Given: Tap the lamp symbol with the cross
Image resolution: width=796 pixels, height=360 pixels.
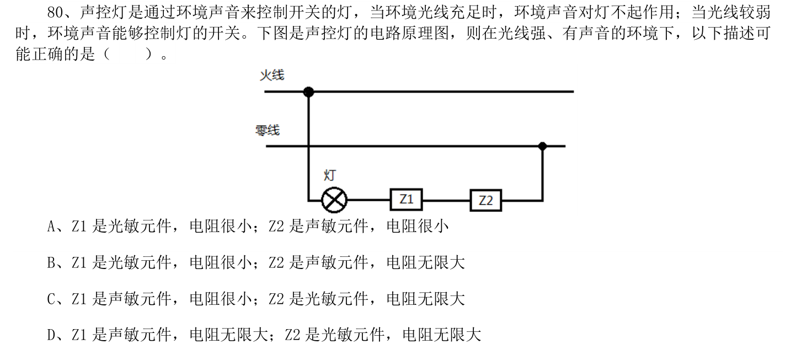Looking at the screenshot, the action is (x=334, y=200).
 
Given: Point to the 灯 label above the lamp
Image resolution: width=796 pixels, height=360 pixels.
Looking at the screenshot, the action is (x=330, y=175).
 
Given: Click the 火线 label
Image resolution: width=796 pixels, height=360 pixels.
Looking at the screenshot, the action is (x=272, y=75).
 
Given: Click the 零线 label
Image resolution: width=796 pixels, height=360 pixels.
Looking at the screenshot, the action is (x=268, y=130).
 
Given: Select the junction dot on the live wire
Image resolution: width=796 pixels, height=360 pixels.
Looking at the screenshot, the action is (x=308, y=92).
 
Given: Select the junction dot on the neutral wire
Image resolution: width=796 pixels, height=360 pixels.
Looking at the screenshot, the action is (x=542, y=146).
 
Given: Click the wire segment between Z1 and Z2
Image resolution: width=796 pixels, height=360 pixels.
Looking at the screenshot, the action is (x=446, y=200).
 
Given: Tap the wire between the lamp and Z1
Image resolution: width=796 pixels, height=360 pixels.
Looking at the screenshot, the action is (x=369, y=200).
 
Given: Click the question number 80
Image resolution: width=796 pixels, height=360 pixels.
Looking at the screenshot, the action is (x=55, y=13).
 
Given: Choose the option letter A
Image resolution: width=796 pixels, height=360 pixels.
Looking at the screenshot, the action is (x=51, y=227).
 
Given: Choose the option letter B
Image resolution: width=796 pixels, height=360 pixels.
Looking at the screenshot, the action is (x=51, y=263).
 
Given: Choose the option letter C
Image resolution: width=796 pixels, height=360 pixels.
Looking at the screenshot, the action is (x=51, y=299).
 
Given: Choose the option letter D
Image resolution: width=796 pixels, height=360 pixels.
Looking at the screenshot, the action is (x=51, y=335).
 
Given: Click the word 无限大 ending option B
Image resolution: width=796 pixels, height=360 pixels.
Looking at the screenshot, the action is (x=442, y=263).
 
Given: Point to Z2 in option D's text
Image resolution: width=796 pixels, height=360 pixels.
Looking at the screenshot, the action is (x=292, y=335).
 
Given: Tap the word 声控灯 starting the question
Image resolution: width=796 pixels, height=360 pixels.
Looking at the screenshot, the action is (x=103, y=13).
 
